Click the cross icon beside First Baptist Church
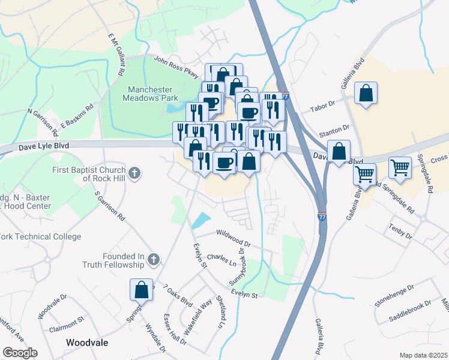tap(135, 174)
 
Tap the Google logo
tap(20, 352)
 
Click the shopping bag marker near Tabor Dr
tap(365, 94)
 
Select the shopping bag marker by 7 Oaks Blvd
tap(141, 289)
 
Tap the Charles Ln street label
tap(224, 261)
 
